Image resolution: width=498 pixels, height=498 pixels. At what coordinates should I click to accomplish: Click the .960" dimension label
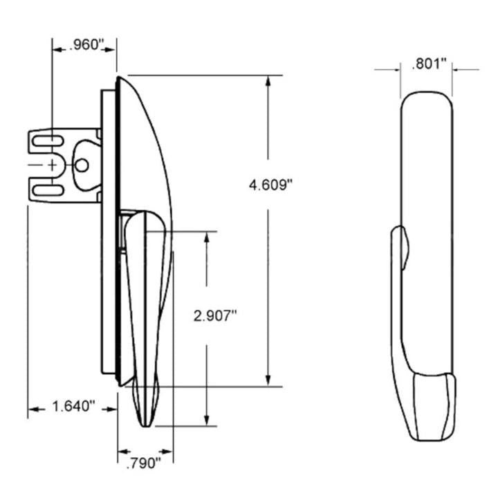[83, 47]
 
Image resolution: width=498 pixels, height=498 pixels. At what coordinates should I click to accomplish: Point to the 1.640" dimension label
[73, 407]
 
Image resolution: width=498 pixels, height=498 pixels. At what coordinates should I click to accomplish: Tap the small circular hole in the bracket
[82, 165]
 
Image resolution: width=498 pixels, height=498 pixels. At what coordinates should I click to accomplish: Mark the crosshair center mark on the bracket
[53, 165]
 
